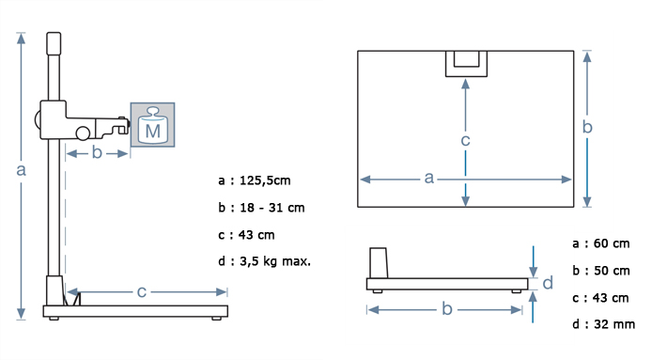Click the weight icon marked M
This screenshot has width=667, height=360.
153,125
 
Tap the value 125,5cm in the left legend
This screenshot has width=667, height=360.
265,180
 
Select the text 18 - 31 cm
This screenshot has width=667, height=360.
272,208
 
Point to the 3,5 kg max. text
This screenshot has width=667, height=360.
275,261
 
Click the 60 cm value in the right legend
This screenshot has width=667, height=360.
612,243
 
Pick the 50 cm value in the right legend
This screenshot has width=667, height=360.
612,271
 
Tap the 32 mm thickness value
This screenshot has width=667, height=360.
614,324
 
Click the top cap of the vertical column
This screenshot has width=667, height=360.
54,43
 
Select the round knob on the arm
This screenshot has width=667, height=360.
83,133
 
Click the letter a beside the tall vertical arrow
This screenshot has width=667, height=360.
21,170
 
